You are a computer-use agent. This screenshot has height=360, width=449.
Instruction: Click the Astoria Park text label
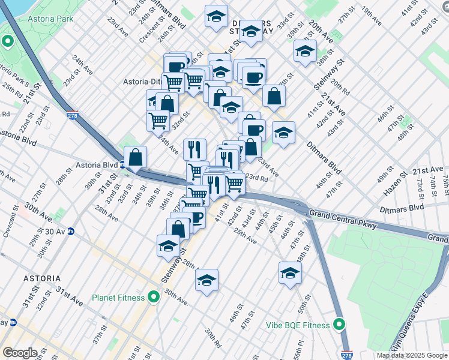[x=50, y=19]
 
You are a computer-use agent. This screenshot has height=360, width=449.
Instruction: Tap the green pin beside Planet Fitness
[x=154, y=297]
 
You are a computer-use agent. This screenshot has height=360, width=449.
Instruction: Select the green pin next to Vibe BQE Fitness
[x=339, y=325]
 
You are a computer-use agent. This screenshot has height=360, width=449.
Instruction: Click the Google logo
[x=19, y=353]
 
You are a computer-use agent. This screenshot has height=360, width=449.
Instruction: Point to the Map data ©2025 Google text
[x=411, y=355]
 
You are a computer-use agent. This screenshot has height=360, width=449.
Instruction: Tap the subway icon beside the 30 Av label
[x=71, y=231]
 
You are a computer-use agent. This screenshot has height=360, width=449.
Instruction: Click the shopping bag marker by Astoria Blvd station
[x=136, y=158]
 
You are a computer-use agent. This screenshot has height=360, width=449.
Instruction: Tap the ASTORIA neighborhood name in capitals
[x=42, y=278]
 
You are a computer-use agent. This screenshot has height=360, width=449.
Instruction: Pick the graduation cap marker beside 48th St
[x=290, y=273]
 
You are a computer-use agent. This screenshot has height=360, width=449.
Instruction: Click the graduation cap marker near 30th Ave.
[x=206, y=280]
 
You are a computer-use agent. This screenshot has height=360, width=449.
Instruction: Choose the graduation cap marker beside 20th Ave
[x=305, y=52]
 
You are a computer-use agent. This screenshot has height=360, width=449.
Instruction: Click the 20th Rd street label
[x=340, y=88]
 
